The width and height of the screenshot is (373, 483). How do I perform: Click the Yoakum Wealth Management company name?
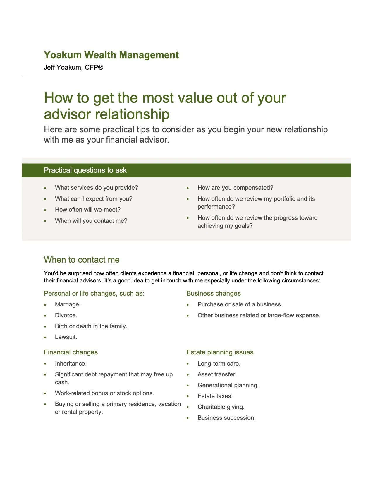pos(111,55)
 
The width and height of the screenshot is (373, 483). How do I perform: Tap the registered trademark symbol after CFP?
pos(100,67)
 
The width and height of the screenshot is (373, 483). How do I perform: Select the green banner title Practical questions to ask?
pos(85,170)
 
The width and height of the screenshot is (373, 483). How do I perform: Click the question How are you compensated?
pos(235,188)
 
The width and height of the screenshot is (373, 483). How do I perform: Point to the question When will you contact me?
pos(91,221)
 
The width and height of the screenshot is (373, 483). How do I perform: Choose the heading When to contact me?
pos(82,260)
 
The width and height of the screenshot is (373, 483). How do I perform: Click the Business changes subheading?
pos(214,293)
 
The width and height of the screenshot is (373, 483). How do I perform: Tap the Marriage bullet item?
pos(68,304)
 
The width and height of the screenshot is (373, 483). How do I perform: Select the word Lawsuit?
pos(66,337)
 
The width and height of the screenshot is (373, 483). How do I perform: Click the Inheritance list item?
pos(71,364)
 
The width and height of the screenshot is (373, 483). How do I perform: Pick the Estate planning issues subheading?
pos(220,352)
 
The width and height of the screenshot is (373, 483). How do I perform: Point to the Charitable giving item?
pos(221,407)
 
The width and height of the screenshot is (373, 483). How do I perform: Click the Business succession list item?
pos(226,418)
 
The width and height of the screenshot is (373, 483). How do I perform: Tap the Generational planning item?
pos(228,385)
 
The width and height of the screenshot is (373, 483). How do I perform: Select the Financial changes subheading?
pos(71,352)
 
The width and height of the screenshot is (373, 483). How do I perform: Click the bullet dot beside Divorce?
pos(45,316)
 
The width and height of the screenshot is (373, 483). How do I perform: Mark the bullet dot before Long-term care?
pos(188,364)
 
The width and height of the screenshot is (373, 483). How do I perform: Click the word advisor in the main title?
pos(67,114)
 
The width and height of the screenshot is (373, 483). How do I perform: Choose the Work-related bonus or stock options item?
pos(104,393)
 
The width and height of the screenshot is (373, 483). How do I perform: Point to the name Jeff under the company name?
pos(49,67)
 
